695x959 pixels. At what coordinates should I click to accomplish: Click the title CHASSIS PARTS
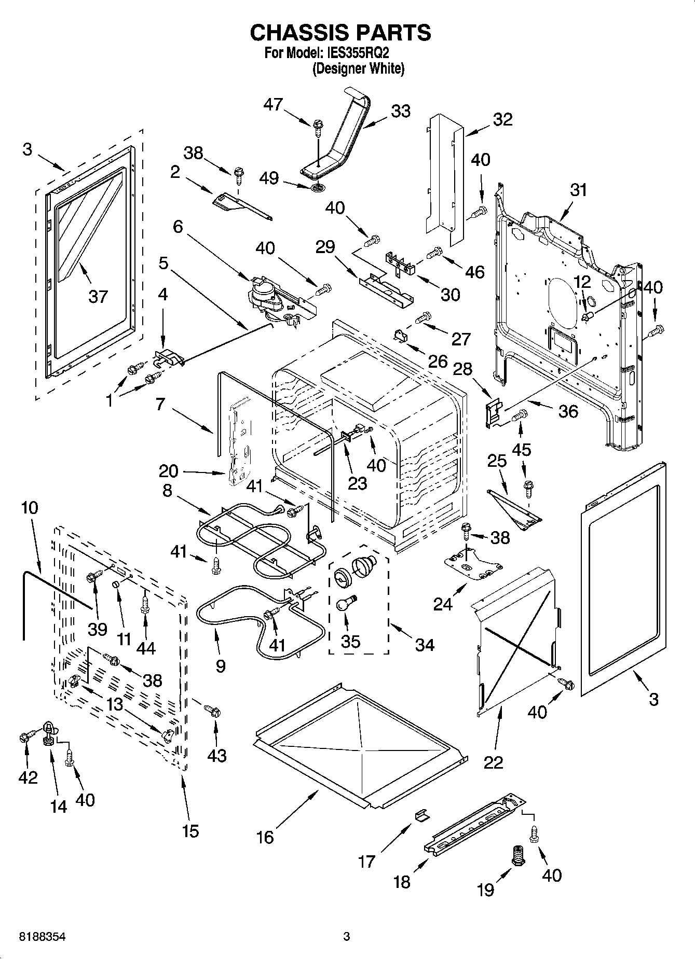pyautogui.click(x=340, y=32)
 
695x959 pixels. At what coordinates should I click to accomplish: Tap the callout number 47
pyautogui.click(x=273, y=104)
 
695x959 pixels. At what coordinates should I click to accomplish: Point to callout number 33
pyautogui.click(x=400, y=111)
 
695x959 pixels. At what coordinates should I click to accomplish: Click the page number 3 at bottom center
pyautogui.click(x=347, y=937)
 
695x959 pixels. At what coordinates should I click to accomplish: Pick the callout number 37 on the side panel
pyautogui.click(x=98, y=297)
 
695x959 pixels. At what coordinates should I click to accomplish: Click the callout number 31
pyautogui.click(x=578, y=190)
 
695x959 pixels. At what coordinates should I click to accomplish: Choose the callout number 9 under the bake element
pyautogui.click(x=221, y=666)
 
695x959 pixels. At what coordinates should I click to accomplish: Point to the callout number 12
pyautogui.click(x=582, y=282)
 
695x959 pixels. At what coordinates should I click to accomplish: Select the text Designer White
pyautogui.click(x=358, y=68)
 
